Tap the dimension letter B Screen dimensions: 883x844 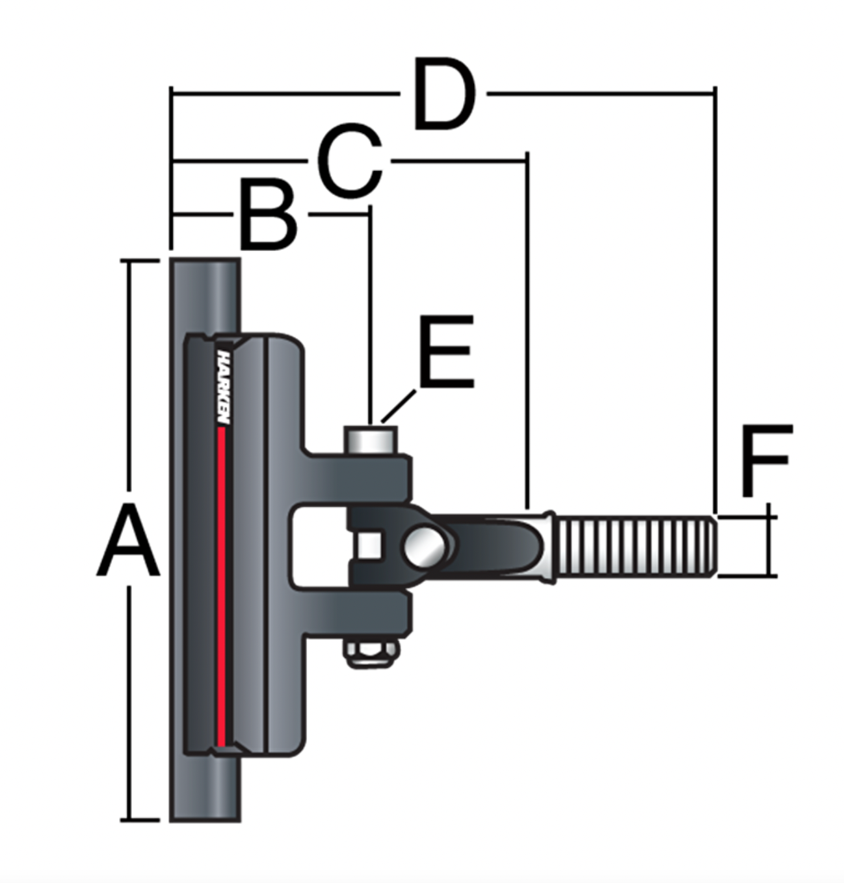coord(268,217)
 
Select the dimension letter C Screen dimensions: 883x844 coord(350,161)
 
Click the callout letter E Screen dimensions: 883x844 coord(446,352)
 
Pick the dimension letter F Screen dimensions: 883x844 coord(766,460)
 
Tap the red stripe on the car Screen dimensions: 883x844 coord(222,585)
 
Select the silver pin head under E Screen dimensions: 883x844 coord(371,439)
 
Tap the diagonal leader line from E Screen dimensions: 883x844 coord(398,406)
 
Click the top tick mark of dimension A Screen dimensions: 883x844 coord(140,261)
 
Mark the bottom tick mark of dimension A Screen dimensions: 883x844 coord(140,819)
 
